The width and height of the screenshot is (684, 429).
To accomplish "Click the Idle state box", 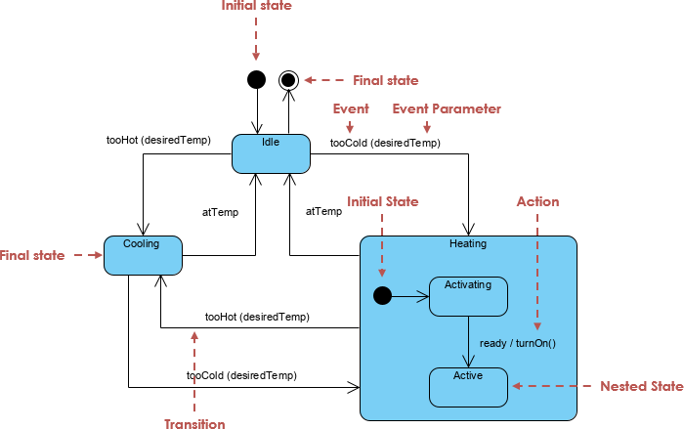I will [x=271, y=154].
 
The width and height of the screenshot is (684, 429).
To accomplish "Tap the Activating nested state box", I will [x=468, y=296].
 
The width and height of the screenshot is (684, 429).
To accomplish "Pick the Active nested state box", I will [x=468, y=387].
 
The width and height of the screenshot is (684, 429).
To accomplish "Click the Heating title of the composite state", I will [x=468, y=243].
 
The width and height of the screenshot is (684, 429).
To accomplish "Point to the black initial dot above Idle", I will [x=256, y=79].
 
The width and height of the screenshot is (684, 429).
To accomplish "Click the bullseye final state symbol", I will [x=288, y=79].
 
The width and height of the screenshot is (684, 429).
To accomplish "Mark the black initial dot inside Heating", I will [x=383, y=295].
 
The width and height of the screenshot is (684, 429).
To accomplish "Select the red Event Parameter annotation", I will [x=447, y=108].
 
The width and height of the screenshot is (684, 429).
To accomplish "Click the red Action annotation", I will [x=537, y=201].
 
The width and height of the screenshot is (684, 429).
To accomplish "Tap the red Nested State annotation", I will [x=641, y=386].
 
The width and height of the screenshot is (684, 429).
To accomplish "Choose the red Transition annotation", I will [x=194, y=424].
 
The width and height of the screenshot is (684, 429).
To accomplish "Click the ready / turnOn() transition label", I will [x=518, y=344].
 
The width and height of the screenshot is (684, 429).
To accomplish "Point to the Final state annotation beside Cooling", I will [x=32, y=255].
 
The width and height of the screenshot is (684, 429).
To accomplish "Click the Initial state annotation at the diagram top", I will [x=256, y=6].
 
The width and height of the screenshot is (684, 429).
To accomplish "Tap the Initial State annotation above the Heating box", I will [x=382, y=201].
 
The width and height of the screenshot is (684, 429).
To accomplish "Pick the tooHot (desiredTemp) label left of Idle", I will [x=158, y=140].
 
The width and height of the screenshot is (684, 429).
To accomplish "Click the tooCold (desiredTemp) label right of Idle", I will [x=385, y=143].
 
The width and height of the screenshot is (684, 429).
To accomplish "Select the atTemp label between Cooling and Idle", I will [x=220, y=210].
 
